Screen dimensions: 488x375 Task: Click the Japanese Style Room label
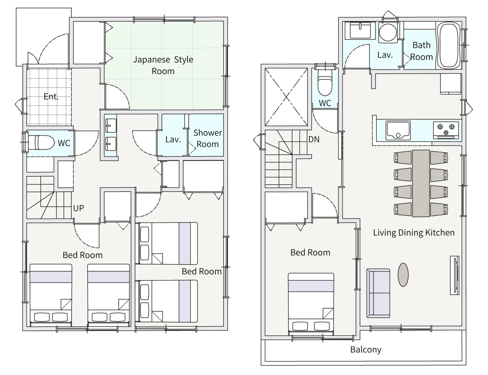click(x=163, y=65)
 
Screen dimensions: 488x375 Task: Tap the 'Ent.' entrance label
click(x=51, y=96)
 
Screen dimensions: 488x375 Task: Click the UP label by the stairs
click(x=79, y=208)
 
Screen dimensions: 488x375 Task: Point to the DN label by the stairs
click(x=314, y=139)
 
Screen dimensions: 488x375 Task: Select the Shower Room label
click(x=208, y=138)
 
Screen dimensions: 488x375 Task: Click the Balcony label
click(x=366, y=350)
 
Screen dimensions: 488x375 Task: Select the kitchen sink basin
click(x=398, y=130)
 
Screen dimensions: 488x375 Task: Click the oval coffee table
click(x=403, y=275)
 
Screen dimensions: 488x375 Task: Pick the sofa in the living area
click(x=378, y=293)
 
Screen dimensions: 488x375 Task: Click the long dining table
click(x=421, y=183)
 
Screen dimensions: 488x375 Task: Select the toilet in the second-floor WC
click(x=325, y=81)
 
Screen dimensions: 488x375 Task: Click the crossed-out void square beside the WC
click(x=286, y=97)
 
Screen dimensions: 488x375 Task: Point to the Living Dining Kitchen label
click(x=414, y=233)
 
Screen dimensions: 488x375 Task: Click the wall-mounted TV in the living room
click(x=454, y=275)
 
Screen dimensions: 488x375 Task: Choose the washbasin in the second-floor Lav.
click(x=360, y=30)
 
